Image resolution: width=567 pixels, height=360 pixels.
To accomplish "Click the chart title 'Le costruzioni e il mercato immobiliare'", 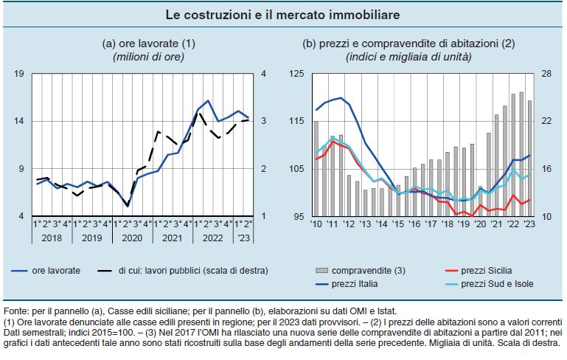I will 283,15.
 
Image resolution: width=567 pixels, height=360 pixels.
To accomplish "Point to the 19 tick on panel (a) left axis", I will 20,73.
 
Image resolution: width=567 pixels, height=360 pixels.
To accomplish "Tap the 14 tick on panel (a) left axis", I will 20,121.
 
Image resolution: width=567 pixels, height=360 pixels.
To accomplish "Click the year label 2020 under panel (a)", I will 131,238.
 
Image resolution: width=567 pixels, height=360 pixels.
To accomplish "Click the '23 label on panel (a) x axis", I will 243,238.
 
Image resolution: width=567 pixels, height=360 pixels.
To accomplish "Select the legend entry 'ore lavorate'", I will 56,271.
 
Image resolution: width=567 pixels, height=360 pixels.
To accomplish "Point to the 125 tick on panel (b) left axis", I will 297,73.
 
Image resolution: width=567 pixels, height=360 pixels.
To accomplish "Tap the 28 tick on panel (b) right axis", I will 546,73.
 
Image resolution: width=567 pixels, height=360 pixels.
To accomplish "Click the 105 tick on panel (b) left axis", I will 297,169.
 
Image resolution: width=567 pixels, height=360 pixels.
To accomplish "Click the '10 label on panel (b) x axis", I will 316,224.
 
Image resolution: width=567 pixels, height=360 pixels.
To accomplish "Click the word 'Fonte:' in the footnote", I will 18,312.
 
